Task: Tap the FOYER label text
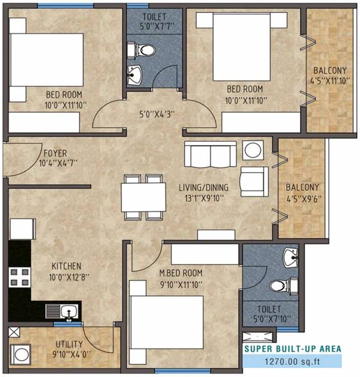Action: [54, 153]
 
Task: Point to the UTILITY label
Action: [69, 344]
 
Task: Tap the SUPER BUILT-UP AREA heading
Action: [293, 349]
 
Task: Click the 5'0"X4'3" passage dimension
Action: [156, 114]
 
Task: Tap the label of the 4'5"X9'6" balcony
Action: [303, 187]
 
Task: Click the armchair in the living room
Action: [255, 181]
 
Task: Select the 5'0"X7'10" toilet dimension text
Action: [270, 319]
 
